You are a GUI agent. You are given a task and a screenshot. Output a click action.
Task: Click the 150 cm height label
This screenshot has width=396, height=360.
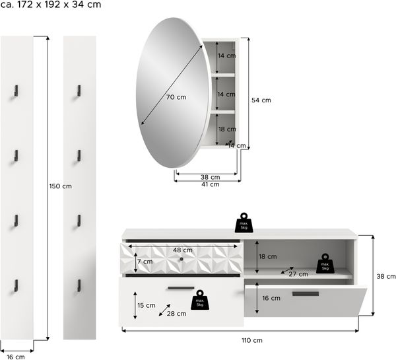click(60, 186)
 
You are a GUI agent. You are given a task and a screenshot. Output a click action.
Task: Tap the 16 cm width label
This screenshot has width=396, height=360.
click(16, 357)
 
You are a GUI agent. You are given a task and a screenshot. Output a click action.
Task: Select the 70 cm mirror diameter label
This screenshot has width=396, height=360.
click(176, 97)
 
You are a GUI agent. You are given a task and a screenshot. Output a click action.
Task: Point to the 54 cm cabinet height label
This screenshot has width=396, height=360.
click(261, 100)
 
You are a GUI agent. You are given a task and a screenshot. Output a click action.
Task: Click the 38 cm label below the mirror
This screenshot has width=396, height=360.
click(210, 177)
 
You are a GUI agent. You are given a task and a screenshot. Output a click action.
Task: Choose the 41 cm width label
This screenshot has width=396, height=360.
click(210, 184)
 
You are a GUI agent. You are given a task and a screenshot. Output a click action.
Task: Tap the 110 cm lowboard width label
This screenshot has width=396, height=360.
click(252, 340)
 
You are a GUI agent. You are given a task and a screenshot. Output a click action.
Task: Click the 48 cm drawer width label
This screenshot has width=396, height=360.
click(183, 250)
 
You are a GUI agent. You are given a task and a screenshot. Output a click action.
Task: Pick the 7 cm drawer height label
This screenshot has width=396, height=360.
click(145, 262)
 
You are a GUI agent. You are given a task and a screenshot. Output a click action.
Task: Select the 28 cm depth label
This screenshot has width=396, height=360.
click(176, 314)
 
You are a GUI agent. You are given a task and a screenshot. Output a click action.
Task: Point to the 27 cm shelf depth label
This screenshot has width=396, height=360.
click(298, 274)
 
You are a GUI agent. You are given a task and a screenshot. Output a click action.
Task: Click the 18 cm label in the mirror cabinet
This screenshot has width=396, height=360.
click(227, 129)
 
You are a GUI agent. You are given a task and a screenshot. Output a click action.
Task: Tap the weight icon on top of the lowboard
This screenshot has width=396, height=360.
click(244, 223)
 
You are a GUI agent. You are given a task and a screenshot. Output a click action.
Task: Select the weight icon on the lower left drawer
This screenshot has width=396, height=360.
click(200, 300)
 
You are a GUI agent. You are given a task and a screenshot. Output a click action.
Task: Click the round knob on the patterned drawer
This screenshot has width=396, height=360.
click(181, 259)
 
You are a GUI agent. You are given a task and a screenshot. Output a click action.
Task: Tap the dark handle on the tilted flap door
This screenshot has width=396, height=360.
click(306, 294)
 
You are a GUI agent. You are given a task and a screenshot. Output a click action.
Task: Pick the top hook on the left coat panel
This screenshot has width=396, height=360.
click(16, 90)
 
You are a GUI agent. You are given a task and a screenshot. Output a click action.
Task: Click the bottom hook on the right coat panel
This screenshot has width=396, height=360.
click(79, 285)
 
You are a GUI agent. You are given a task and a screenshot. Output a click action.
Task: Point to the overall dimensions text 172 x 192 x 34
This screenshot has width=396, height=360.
click(59, 5)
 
